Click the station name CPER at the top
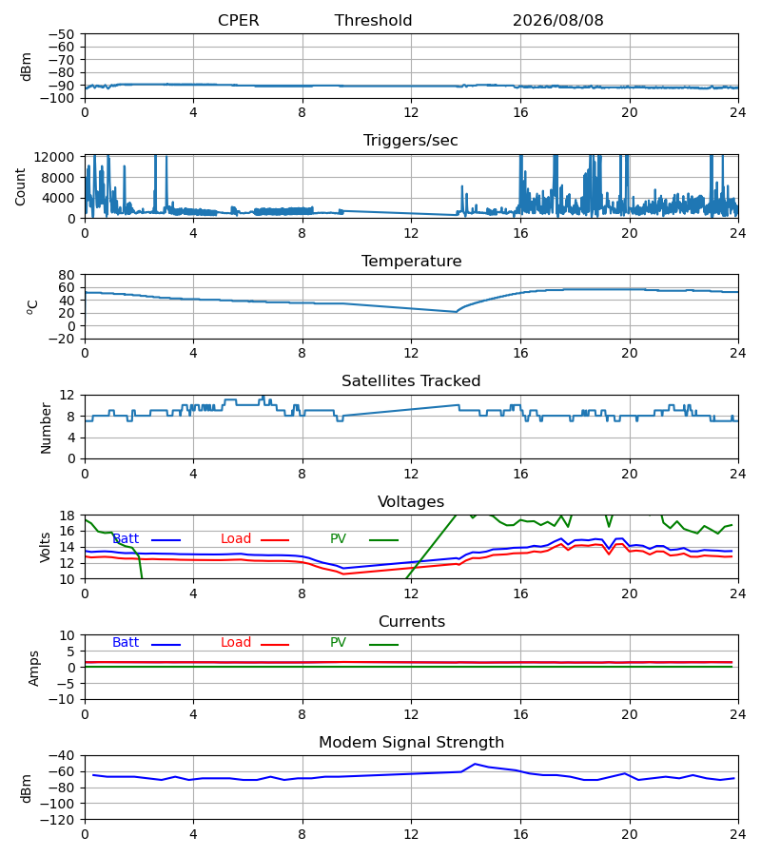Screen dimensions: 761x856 coord(238,21)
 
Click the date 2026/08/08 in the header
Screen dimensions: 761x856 coord(558,21)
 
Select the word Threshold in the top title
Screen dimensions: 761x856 coord(374,21)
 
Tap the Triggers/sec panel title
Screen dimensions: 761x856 coord(411,141)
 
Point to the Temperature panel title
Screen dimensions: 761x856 coord(411,261)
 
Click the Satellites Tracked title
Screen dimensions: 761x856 coord(411,381)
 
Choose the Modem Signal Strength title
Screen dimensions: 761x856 coord(411,743)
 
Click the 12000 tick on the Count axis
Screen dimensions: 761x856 coord(54,157)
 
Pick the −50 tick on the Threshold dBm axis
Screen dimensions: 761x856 coord(61,34)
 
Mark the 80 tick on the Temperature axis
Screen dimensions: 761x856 coord(67,275)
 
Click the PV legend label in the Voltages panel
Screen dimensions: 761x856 coord(338,539)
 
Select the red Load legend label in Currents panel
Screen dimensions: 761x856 coord(236,643)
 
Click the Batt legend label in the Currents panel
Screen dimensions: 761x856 coord(126,643)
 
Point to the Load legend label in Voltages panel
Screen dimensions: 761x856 coord(236,539)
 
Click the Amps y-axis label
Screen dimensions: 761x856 coord(34,668)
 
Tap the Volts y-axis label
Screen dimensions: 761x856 coord(45,548)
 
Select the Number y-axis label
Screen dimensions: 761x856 coord(46,428)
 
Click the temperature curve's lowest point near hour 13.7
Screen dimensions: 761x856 coord(457,312)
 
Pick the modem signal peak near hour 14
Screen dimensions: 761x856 coord(475,764)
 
